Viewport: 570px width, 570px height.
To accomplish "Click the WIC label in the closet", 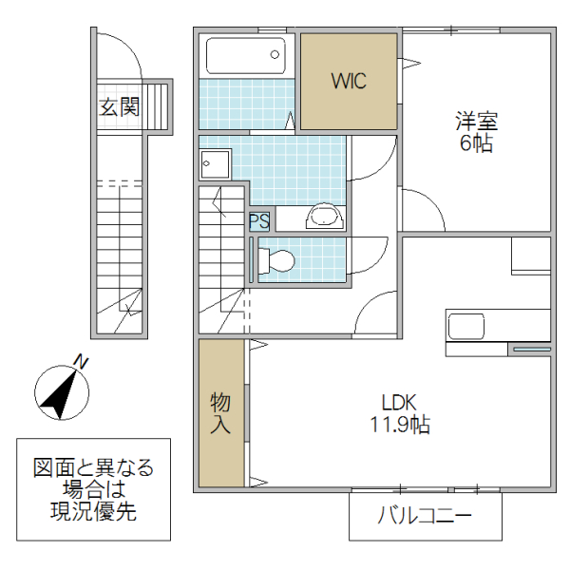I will click(x=349, y=81).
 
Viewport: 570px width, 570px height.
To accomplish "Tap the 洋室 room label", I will click(x=476, y=123).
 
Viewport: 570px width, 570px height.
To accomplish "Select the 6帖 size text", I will click(x=476, y=144).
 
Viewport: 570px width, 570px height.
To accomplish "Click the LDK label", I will click(x=400, y=402).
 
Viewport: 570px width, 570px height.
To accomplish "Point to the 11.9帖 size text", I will click(x=400, y=425).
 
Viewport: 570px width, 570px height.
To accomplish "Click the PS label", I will click(x=259, y=221).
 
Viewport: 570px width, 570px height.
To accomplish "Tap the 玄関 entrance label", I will click(x=119, y=106).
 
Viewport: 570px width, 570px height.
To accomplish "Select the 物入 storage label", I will click(x=220, y=414).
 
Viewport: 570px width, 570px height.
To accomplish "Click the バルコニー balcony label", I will click(x=425, y=518).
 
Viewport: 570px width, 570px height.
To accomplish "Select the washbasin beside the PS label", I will click(x=323, y=218).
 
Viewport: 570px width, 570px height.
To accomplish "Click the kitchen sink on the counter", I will click(x=467, y=327).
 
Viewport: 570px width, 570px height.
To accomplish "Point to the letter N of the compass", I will click(x=82, y=361).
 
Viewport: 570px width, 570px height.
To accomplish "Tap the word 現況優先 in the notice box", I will click(x=93, y=513).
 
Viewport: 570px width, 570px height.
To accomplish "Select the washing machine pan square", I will click(x=215, y=164).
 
